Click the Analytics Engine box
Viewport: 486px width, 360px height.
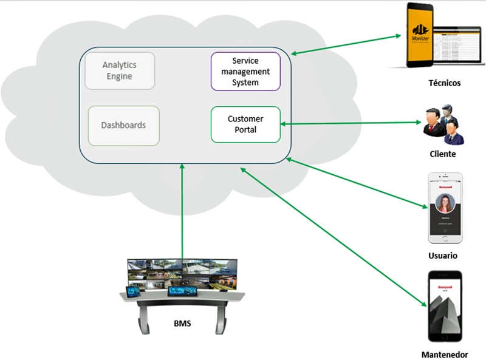point(120,70)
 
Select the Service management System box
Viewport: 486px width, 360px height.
point(245,72)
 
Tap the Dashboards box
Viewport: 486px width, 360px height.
point(123,126)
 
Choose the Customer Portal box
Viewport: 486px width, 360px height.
point(245,124)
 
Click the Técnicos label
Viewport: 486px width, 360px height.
point(444,83)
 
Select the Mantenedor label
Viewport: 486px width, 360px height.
point(445,354)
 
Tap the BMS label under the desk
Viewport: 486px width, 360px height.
point(182,323)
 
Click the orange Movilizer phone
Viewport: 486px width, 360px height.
point(422,35)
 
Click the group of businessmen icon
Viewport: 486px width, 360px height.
point(444,126)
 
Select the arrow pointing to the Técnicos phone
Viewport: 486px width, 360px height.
point(349,46)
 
